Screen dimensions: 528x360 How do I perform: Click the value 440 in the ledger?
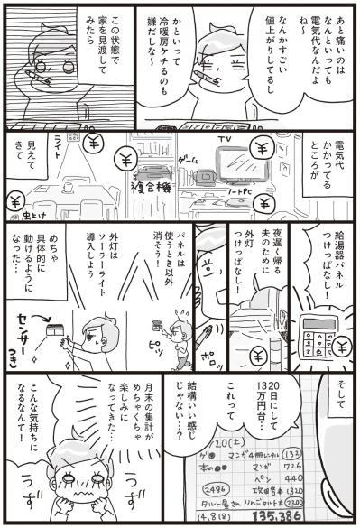[x=321, y=468]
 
